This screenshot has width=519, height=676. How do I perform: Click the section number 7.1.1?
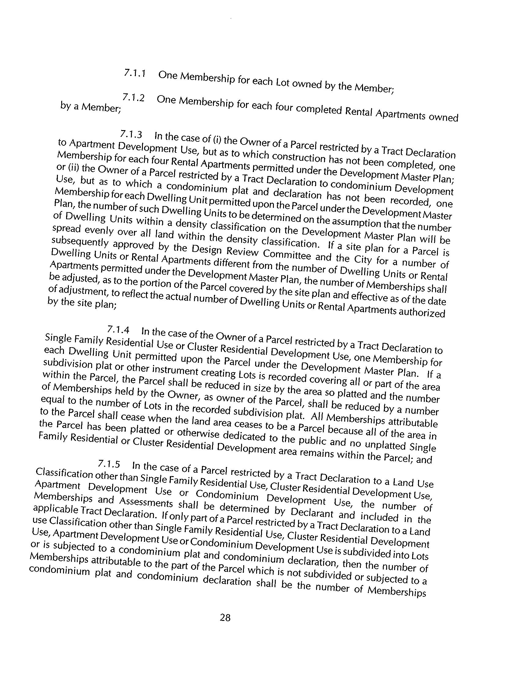(x=135, y=73)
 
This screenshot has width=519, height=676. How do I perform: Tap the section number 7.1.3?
(x=131, y=134)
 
